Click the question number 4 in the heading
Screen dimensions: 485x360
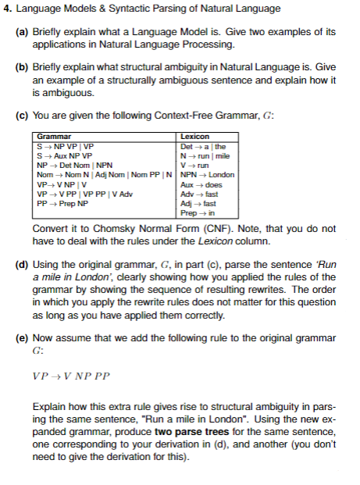coord(7,9)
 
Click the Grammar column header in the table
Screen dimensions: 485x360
coord(51,136)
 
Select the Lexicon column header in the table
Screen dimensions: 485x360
coord(194,136)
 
